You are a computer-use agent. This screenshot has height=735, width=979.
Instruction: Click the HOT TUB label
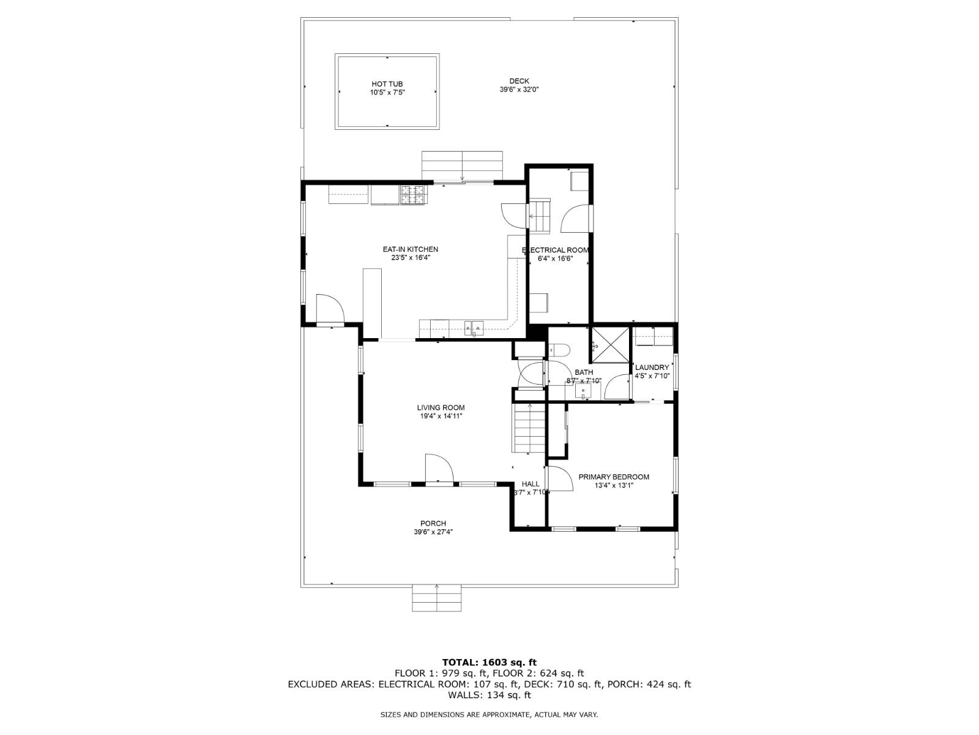387,84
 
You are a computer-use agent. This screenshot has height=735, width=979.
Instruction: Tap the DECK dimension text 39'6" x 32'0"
519,89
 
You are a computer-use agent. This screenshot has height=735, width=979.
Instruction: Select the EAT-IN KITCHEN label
411,249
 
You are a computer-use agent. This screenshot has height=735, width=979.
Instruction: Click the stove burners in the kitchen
412,195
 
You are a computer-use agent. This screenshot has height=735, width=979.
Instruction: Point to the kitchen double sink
474,329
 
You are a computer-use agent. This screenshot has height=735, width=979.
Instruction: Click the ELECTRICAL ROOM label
555,250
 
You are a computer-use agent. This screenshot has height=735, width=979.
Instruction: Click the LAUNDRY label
652,367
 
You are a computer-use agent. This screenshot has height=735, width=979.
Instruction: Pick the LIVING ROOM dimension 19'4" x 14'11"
441,417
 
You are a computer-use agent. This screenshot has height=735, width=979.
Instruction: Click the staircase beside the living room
529,428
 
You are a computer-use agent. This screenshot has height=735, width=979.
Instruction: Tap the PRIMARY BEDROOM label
614,477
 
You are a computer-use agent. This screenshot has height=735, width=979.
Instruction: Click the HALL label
530,484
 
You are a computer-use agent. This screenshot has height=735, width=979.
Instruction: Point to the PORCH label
433,523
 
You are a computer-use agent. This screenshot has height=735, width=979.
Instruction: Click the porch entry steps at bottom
436,598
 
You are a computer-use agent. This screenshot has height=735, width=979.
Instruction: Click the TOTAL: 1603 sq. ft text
489,662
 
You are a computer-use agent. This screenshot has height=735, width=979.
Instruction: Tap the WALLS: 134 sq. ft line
489,695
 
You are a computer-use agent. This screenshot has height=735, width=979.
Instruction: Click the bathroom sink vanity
583,392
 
